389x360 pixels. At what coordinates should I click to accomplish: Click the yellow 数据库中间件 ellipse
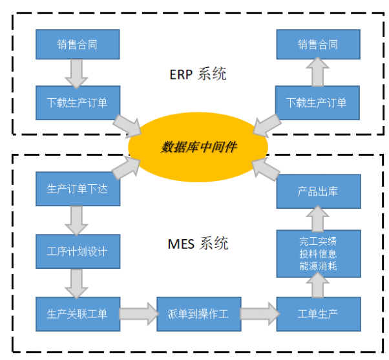click(198, 147)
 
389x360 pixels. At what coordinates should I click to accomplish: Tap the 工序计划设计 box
click(78, 251)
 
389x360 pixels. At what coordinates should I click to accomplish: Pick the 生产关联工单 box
click(78, 313)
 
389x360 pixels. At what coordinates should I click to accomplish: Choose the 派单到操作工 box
click(198, 313)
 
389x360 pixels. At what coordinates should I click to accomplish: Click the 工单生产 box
click(318, 313)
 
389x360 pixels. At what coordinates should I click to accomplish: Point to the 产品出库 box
click(318, 191)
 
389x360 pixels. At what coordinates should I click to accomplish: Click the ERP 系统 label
click(198, 74)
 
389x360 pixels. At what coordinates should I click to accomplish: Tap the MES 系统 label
click(198, 244)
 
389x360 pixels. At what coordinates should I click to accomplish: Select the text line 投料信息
click(318, 253)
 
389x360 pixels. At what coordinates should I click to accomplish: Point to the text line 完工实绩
click(318, 241)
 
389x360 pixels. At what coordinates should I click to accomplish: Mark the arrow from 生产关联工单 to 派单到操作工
click(138, 313)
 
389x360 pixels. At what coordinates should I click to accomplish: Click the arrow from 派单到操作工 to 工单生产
click(258, 313)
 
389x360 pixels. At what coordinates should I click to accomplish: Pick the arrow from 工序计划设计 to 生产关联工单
click(78, 282)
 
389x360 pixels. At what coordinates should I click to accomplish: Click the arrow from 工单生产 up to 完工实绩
click(318, 284)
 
